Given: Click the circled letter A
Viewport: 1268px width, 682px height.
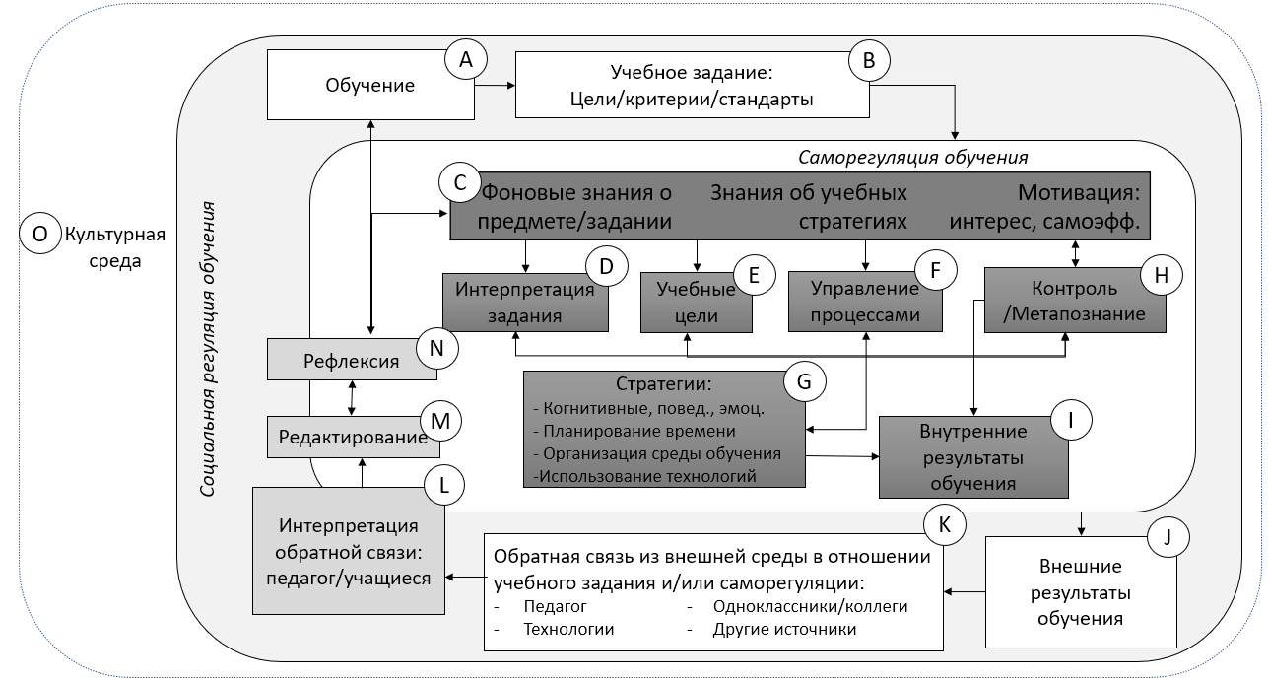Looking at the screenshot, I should (466, 60).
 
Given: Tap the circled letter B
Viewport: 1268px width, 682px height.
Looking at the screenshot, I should (869, 60).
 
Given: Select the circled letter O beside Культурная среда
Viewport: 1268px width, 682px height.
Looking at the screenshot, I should (39, 234).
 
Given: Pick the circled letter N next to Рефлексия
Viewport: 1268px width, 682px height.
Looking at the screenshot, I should (436, 348).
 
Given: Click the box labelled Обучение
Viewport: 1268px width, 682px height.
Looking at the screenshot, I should (369, 85).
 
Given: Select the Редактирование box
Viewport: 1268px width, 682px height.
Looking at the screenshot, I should (354, 438).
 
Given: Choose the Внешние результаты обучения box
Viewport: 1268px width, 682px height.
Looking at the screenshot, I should (1080, 592).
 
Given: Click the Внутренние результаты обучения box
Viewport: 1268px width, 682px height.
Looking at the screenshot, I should (973, 457).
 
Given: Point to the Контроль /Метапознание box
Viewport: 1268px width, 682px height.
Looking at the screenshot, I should (1074, 302).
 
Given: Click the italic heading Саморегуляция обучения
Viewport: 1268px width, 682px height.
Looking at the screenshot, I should (912, 158).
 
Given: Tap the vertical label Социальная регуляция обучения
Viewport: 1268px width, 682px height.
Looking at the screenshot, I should (210, 349).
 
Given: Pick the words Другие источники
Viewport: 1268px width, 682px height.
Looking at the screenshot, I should (784, 629).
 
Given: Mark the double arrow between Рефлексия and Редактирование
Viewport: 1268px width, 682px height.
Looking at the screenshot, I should (354, 397).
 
